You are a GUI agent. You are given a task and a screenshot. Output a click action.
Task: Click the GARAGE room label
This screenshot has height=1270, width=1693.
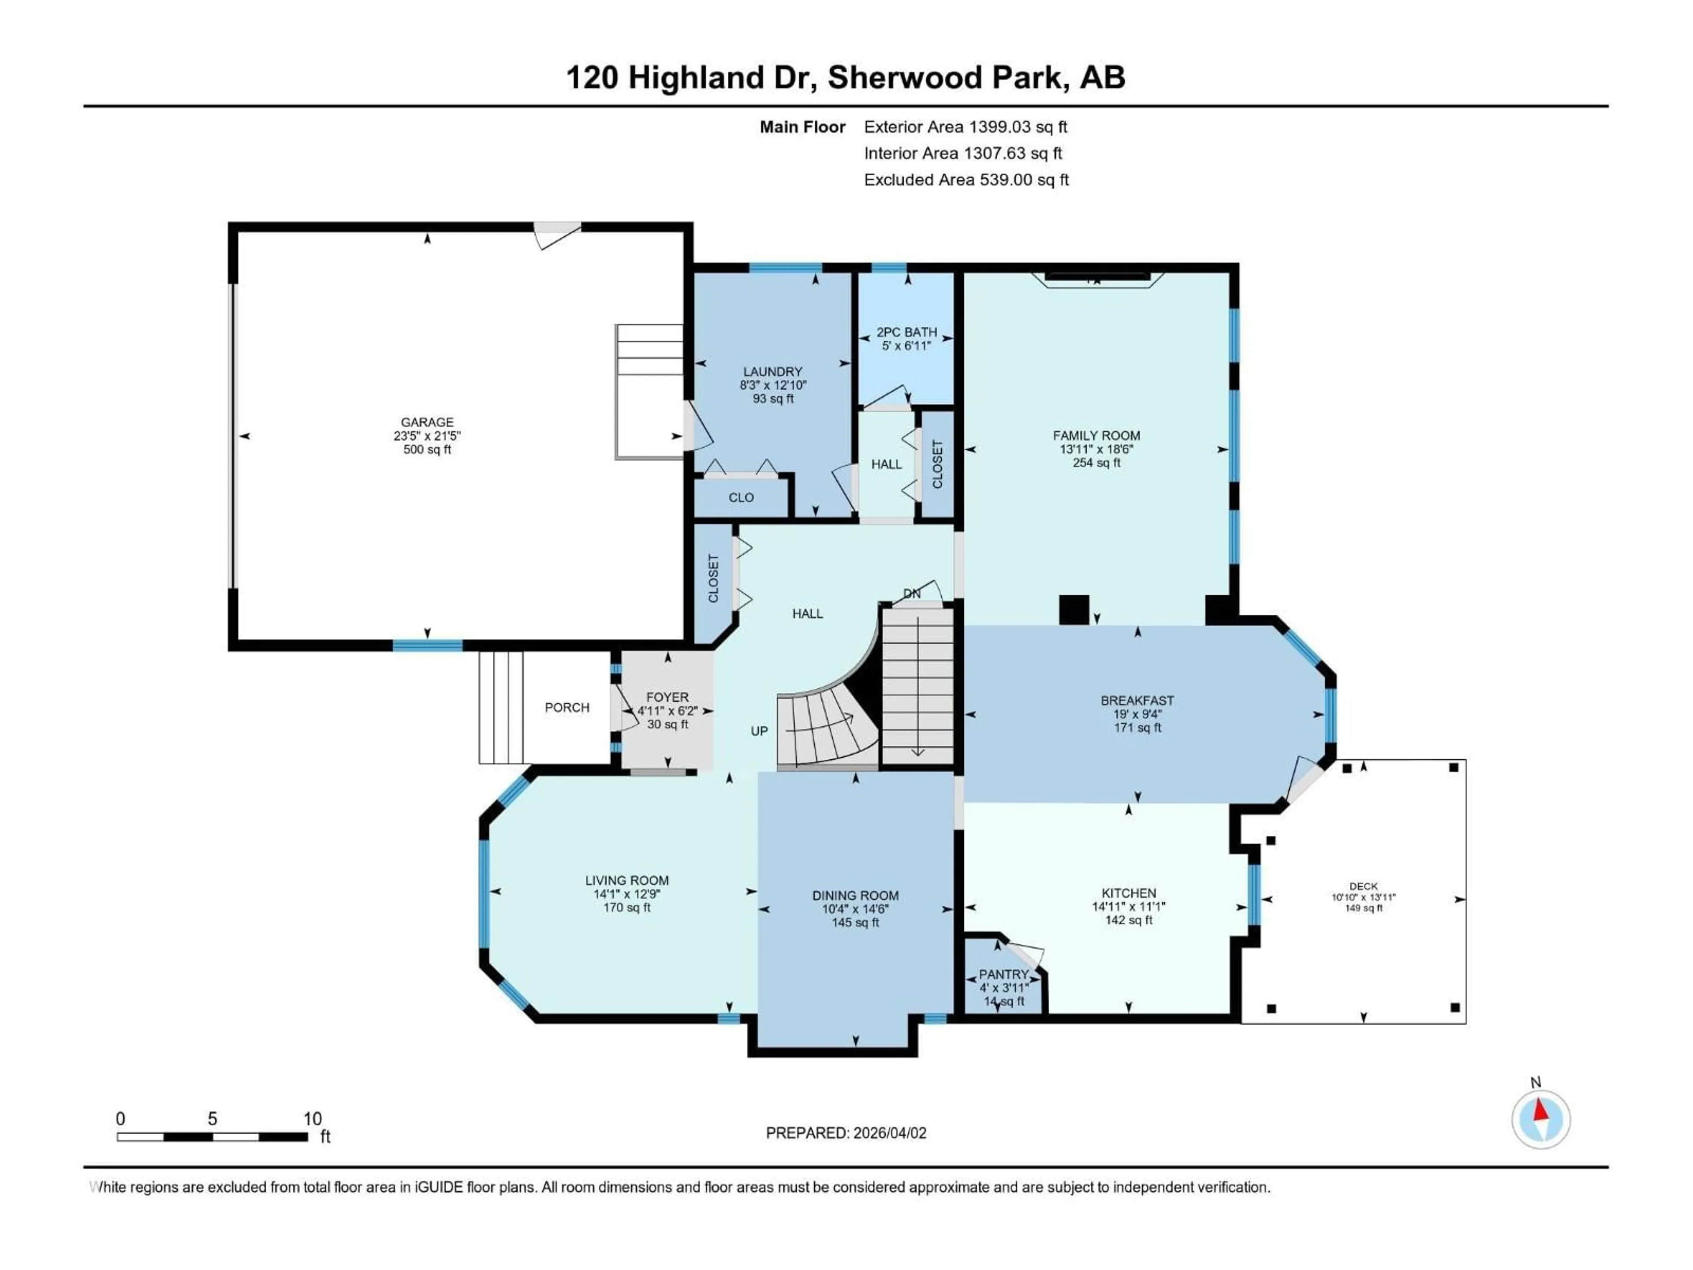[x=427, y=422]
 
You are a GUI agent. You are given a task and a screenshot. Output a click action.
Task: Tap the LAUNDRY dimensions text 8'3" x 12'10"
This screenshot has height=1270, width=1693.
[x=772, y=385]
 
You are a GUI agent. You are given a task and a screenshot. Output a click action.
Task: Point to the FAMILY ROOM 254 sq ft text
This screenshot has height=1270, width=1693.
[x=1096, y=463]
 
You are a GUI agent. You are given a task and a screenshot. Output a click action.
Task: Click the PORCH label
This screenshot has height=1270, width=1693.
[x=567, y=707]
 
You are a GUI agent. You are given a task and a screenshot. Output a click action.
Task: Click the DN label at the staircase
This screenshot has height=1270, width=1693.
[x=912, y=593]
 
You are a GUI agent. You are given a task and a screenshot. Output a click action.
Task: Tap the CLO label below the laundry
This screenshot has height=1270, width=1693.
[x=740, y=497]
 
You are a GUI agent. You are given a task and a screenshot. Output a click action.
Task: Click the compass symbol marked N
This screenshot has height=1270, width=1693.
[x=1541, y=1119]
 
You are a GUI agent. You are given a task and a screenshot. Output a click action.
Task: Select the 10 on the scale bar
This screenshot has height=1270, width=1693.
[x=312, y=1118]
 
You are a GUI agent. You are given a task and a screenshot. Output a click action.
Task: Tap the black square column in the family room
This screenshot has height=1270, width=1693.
[x=1073, y=609]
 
